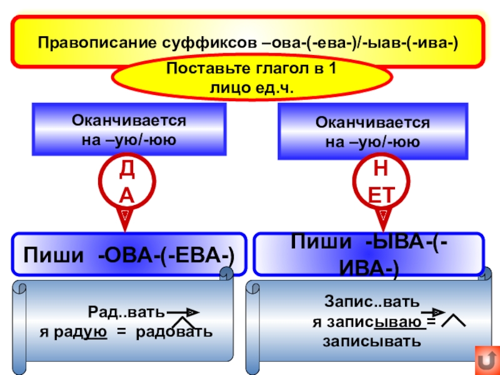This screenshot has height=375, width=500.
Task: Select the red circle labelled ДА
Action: [x=126, y=181]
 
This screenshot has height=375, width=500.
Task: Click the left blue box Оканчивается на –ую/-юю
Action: [x=129, y=129]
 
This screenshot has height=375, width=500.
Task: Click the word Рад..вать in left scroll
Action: [x=127, y=311]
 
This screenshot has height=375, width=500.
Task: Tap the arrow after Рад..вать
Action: [x=184, y=311]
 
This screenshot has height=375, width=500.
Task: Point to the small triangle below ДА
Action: [x=126, y=214]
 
